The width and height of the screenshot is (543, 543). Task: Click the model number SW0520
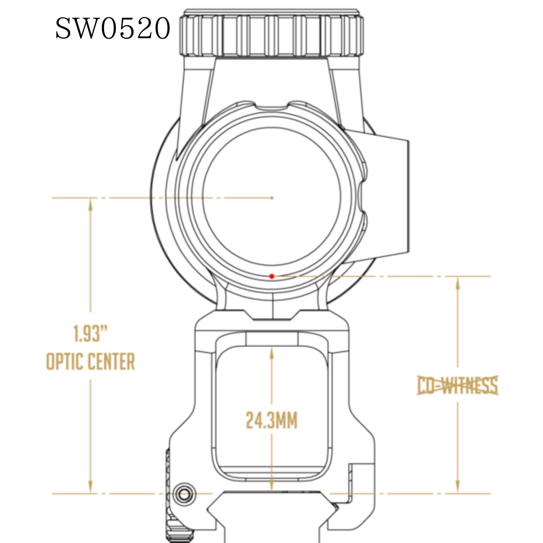coord(113,29)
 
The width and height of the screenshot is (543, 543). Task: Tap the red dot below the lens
coord(271,276)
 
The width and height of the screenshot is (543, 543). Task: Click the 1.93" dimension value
coord(90,334)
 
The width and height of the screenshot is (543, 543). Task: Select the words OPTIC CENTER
coord(90,362)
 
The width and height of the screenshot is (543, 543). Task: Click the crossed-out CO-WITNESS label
coord(457,386)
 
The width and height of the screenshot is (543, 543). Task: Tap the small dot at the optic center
coord(271,198)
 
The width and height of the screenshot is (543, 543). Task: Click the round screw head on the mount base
coord(184,495)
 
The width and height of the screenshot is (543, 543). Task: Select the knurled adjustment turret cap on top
coord(271,34)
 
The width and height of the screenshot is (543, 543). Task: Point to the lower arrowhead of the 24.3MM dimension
coord(271,485)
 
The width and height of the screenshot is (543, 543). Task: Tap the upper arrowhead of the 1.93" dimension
coord(90,205)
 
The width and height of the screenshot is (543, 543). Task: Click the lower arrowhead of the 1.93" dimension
coord(90,487)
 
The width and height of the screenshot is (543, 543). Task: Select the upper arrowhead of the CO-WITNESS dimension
coord(457,283)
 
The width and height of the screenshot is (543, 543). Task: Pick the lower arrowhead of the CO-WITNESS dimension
coord(457,487)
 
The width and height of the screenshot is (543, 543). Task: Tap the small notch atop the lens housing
coord(271,108)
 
